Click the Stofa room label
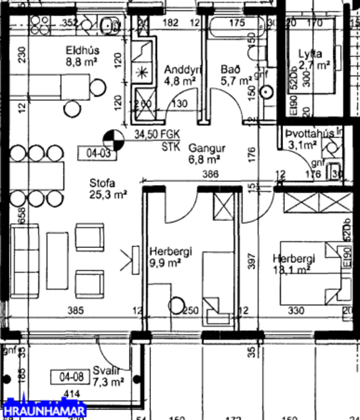pyautogui.click(x=103, y=182)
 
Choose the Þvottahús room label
pyautogui.click(x=309, y=133)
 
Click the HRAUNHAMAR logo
pyautogui.click(x=43, y=410)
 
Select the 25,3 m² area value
pyautogui.click(x=109, y=195)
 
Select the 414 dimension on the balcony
pyautogui.click(x=70, y=394)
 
